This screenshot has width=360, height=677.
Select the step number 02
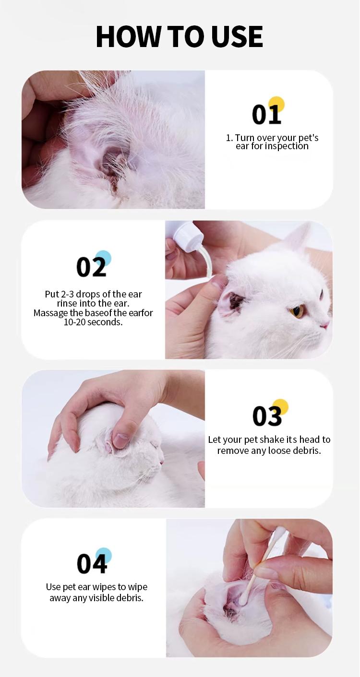click(91, 267)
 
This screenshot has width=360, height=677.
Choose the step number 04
click(91, 564)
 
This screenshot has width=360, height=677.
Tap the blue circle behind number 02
click(103, 258)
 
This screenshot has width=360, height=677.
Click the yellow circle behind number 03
click(280, 406)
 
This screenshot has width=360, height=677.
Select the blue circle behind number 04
click(103, 555)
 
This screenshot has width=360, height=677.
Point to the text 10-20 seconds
click(93, 322)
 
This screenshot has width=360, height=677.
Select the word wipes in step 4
click(116, 587)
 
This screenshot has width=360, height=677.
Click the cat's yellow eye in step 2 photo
click(297, 311)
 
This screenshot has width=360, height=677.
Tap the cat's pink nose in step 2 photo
click(325, 325)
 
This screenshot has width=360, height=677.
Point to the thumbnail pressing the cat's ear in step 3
click(120, 439)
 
